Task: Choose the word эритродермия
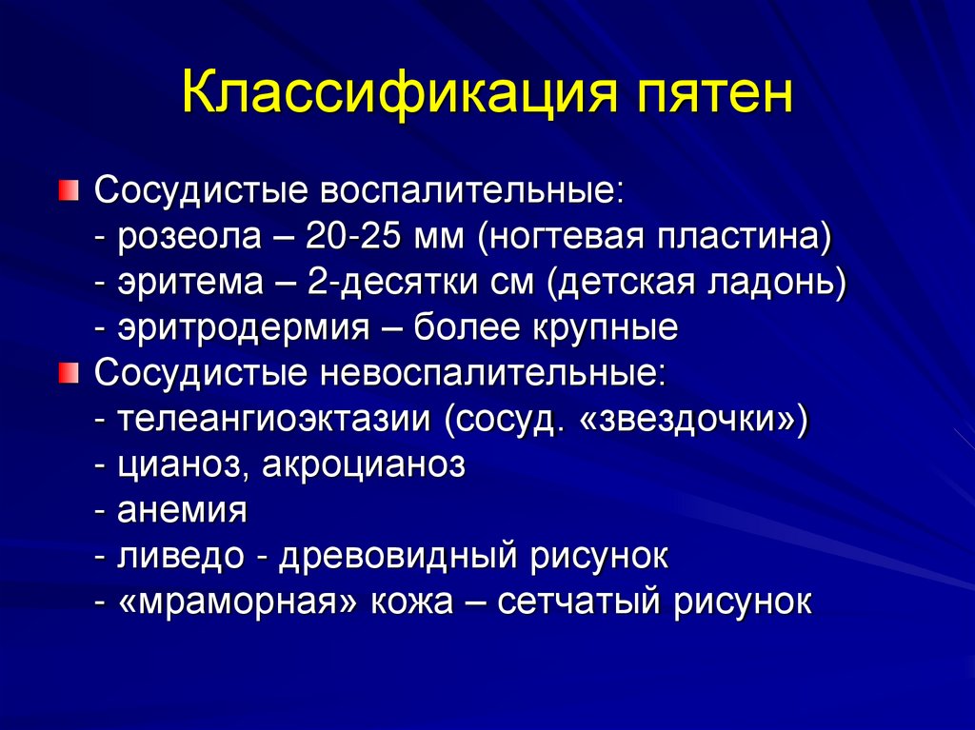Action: tap(243, 327)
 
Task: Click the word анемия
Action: tap(183, 510)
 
